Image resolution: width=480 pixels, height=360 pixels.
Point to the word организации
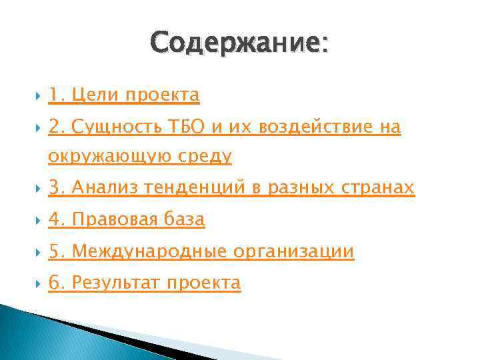[x=294, y=251]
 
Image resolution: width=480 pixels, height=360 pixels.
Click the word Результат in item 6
[x=116, y=283]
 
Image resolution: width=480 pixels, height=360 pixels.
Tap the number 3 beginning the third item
[x=53, y=189]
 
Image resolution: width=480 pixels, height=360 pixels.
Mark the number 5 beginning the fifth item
[x=53, y=251]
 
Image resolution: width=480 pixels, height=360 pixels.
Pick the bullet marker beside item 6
[x=34, y=283]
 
